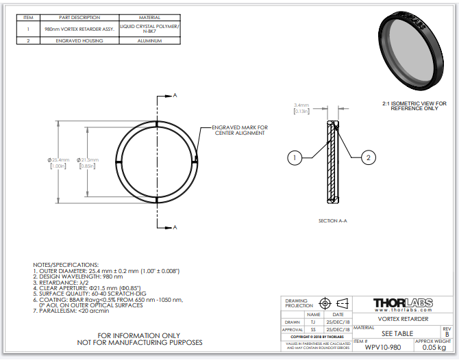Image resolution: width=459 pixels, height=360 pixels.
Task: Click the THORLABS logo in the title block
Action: [x=403, y=303]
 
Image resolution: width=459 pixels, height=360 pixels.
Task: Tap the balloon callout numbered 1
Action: [x=294, y=158]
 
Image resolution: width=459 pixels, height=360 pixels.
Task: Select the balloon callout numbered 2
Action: [x=369, y=158]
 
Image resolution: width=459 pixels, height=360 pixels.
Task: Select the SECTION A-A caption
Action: [x=333, y=221]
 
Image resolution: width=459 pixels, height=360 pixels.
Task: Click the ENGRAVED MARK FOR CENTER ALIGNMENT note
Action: [x=240, y=131]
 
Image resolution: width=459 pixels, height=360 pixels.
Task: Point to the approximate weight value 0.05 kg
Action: [x=433, y=348]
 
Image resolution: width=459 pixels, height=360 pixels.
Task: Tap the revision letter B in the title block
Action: [x=447, y=334]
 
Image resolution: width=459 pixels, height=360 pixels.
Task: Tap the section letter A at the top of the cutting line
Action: [x=175, y=95]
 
